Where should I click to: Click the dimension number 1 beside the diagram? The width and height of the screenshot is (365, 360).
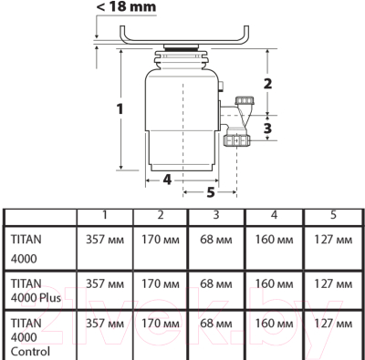(120, 109)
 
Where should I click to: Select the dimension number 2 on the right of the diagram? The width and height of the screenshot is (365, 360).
(267, 84)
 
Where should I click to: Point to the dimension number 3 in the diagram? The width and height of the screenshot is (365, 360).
(267, 129)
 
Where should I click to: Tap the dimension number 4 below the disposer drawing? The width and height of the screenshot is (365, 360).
(167, 180)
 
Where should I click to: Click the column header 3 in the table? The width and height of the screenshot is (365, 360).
(217, 215)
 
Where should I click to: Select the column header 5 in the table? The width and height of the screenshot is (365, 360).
(332, 215)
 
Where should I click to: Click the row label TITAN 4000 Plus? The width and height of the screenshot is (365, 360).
(32, 289)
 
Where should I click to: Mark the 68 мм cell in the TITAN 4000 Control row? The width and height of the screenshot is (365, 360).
(217, 324)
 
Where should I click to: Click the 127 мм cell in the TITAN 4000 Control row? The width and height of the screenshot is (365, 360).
(332, 324)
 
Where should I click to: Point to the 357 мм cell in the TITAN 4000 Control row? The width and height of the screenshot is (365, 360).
(104, 324)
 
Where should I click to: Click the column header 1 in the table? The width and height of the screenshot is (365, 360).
(104, 215)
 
